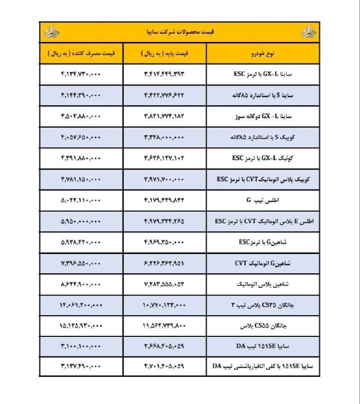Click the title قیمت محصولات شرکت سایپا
[x=180, y=32]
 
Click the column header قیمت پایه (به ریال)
[x=165, y=53]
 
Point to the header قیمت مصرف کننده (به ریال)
[x=81, y=53]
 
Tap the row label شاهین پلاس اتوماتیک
[x=263, y=284]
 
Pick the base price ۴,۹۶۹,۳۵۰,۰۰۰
[x=165, y=242]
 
